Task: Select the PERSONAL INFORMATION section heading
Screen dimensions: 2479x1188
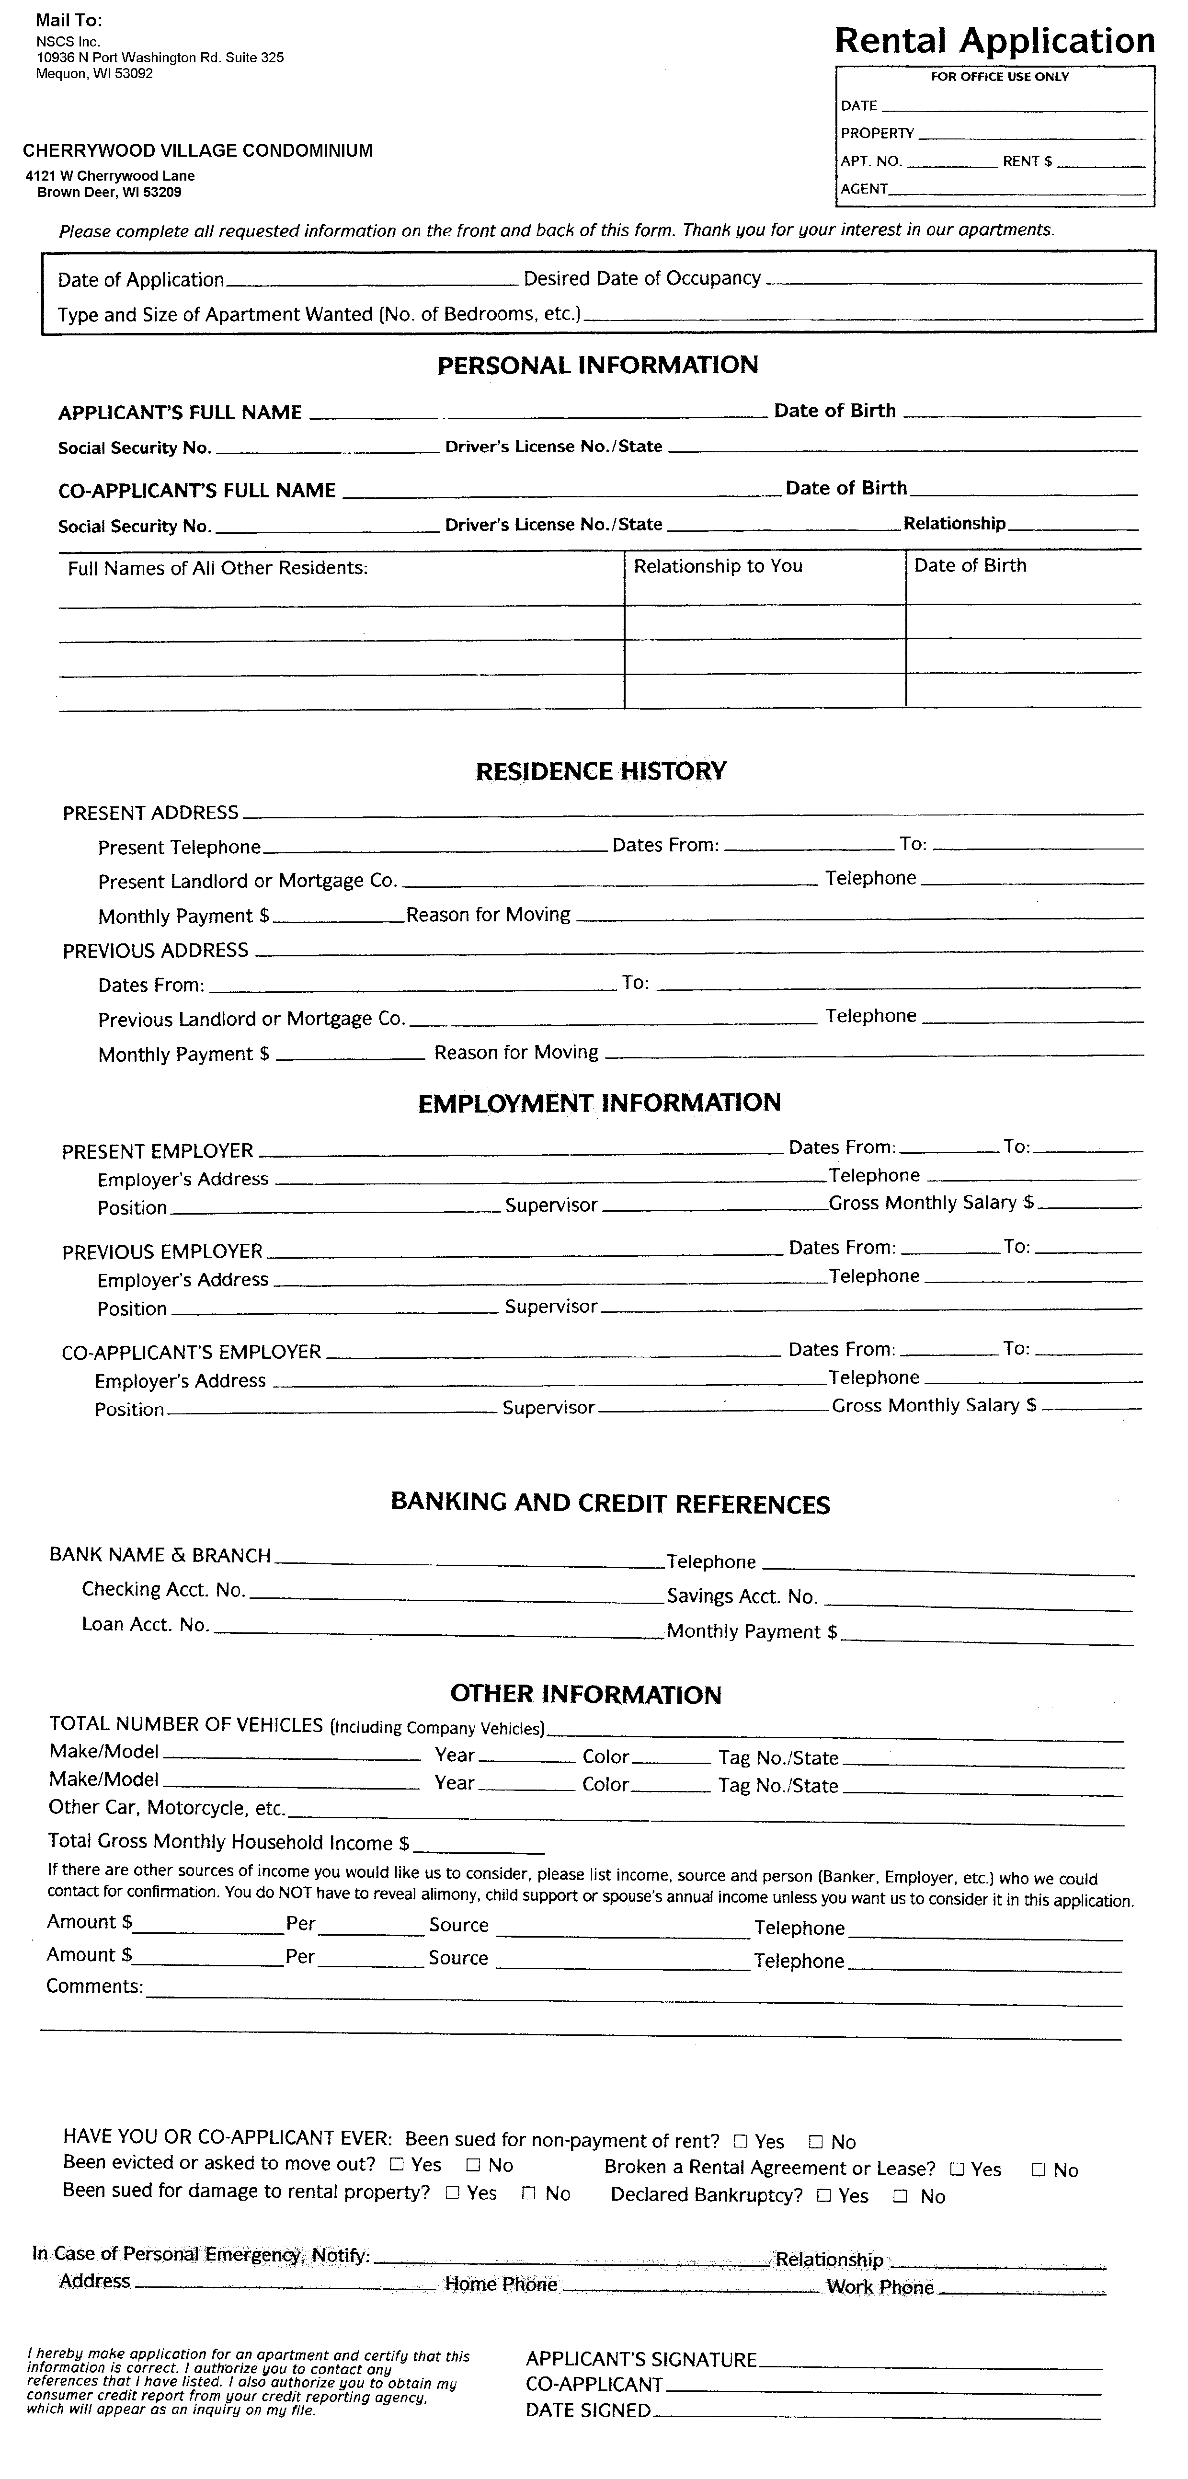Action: coord(597,365)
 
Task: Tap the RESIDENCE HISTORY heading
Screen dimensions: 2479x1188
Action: coord(600,771)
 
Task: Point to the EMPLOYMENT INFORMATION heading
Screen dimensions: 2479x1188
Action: coord(598,1103)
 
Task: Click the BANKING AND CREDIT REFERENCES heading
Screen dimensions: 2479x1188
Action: coord(610,1504)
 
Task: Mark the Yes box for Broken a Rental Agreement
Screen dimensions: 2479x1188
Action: coord(957,2169)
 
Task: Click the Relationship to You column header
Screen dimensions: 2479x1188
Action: coord(718,566)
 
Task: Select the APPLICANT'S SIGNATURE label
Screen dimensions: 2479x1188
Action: coord(640,2359)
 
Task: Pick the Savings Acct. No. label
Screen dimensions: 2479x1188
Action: coord(742,1596)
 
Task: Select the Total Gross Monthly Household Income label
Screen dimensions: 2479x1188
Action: coord(228,1842)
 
